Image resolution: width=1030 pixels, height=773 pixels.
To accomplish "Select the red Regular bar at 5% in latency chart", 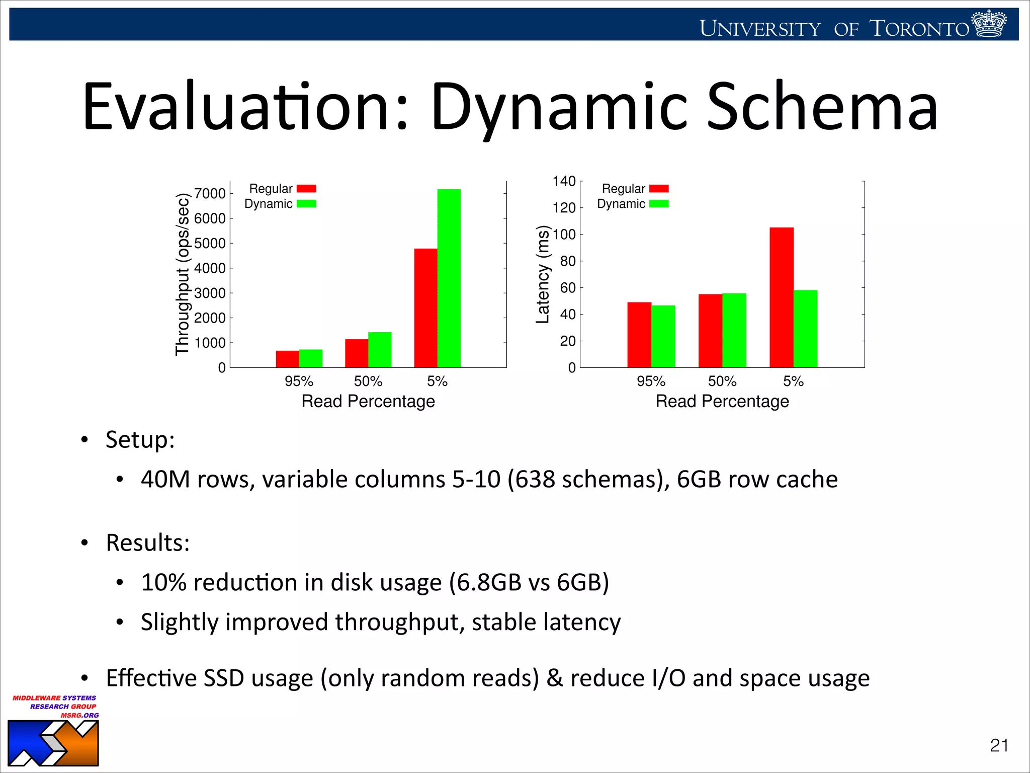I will [x=781, y=297].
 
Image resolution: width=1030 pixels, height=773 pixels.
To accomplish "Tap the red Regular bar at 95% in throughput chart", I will [x=287, y=359].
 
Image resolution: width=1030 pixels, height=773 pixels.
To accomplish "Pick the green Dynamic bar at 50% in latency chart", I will [x=734, y=330].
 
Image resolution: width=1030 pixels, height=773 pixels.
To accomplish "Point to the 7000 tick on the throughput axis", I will [x=210, y=193].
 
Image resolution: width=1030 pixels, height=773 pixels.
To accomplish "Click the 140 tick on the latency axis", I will [x=564, y=181].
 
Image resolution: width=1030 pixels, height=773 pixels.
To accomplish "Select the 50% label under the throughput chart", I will [x=368, y=381].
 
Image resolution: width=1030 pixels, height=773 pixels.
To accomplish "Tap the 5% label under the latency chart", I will [x=793, y=381].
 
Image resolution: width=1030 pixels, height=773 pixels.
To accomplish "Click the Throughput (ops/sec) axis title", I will [x=182, y=274].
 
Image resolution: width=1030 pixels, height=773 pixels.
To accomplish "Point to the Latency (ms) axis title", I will [x=542, y=274].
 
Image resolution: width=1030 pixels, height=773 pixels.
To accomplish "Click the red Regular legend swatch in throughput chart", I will [x=306, y=189].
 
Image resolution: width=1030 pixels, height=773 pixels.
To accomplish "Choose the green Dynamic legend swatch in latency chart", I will [x=658, y=204].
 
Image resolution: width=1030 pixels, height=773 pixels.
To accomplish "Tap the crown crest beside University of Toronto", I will [x=989, y=24].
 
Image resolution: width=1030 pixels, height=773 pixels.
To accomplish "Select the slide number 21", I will [x=999, y=745].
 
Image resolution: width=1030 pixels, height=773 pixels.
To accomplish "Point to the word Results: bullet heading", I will [x=148, y=543].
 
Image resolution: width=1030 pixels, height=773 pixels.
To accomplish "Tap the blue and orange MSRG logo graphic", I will [x=53, y=743].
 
